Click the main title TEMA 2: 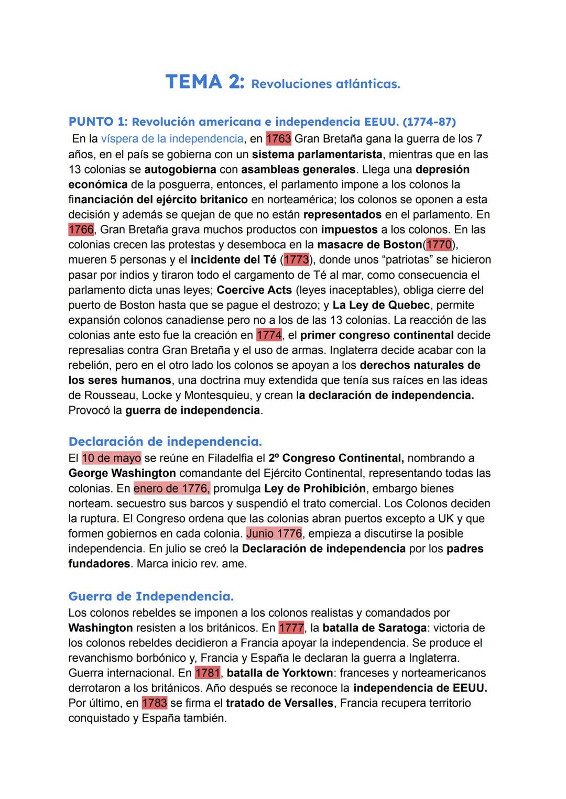(x=205, y=82)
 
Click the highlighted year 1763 (x=278, y=139)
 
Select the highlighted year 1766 (x=81, y=229)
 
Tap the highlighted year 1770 (x=439, y=245)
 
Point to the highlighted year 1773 (x=296, y=260)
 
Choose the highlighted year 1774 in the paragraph (x=269, y=335)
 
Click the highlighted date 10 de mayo (x=111, y=458)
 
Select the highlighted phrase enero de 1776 (x=171, y=489)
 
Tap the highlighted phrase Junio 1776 (x=274, y=534)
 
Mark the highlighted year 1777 (x=291, y=628)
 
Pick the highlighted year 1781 (x=208, y=673)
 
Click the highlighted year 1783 (x=154, y=703)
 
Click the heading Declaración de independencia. (x=165, y=441)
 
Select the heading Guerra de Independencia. (x=151, y=596)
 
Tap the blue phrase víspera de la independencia (x=172, y=139)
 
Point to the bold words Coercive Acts (x=254, y=290)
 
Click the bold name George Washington (x=122, y=474)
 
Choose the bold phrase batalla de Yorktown (x=280, y=673)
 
